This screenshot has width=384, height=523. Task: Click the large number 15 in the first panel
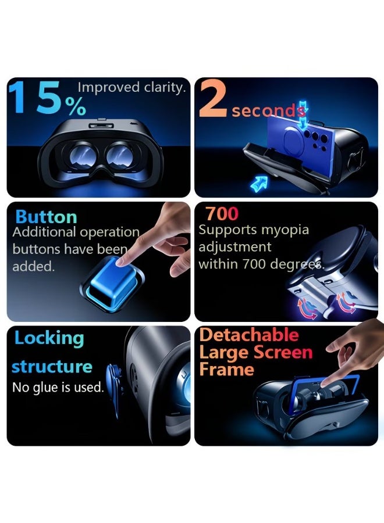(x=34, y=97)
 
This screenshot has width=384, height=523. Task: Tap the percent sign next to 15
(x=76, y=107)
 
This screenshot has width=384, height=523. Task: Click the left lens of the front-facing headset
(x=82, y=155)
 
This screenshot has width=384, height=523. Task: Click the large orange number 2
(x=213, y=99)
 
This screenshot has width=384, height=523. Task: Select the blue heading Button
(x=46, y=217)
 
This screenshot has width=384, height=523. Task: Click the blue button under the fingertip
(x=113, y=284)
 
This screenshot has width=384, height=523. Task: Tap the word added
(x=33, y=267)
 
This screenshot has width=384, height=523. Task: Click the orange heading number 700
(x=222, y=214)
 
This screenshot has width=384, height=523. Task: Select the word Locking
(x=49, y=339)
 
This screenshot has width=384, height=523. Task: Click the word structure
(x=52, y=367)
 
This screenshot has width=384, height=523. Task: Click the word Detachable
(x=249, y=335)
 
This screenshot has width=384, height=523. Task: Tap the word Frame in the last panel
(x=227, y=369)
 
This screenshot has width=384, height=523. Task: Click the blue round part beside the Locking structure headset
(x=114, y=391)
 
